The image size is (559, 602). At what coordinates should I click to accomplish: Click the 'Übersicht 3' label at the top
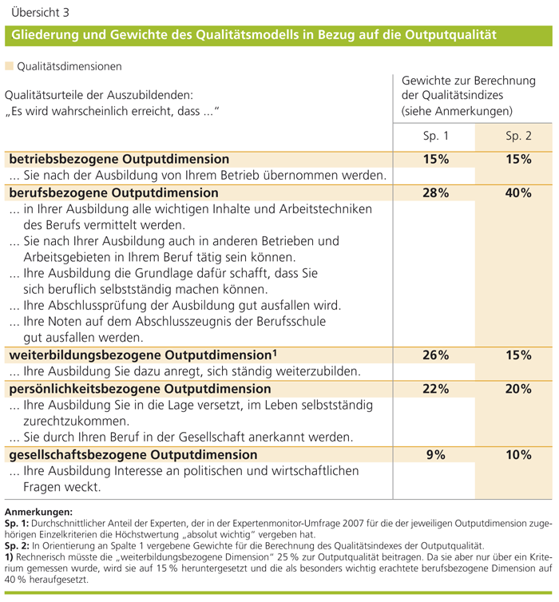tap(37, 13)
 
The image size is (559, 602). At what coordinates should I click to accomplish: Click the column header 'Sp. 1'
tap(436, 136)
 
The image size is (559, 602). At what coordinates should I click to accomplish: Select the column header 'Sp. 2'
tap(518, 136)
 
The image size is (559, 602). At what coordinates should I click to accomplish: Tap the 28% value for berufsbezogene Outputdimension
tap(436, 192)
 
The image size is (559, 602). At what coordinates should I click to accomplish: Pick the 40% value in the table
tap(518, 192)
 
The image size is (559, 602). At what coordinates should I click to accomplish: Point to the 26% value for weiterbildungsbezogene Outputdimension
tap(436, 355)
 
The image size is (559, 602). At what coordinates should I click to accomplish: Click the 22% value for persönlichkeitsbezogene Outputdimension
tap(436, 389)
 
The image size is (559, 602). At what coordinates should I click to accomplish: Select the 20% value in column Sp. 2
tap(518, 389)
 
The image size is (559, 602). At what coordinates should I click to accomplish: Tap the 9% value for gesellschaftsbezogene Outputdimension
tap(436, 454)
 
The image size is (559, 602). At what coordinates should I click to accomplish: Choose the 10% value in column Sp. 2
tap(518, 454)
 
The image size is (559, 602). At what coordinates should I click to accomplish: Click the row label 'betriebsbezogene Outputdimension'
tap(119, 159)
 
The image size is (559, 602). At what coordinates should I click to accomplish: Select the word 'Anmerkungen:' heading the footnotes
tap(38, 512)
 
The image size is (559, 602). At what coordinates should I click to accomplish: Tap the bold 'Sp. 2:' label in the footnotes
tap(18, 546)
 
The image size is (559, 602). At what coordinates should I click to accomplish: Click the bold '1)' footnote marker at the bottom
tap(10, 557)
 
